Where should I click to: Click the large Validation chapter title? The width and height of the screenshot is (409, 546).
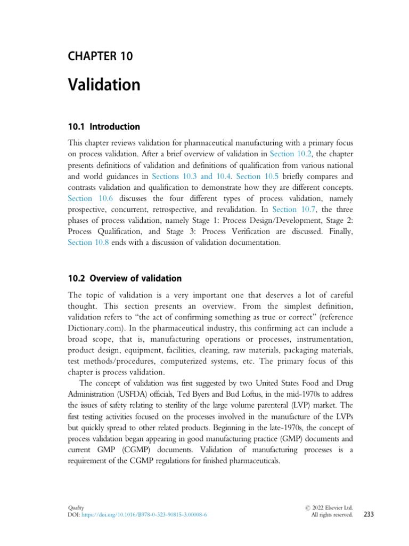click(x=104, y=84)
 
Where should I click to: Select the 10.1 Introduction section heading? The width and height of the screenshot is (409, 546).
click(x=104, y=127)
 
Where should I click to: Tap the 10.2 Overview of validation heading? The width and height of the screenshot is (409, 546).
click(x=125, y=278)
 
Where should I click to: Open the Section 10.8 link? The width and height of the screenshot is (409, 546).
click(x=88, y=243)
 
